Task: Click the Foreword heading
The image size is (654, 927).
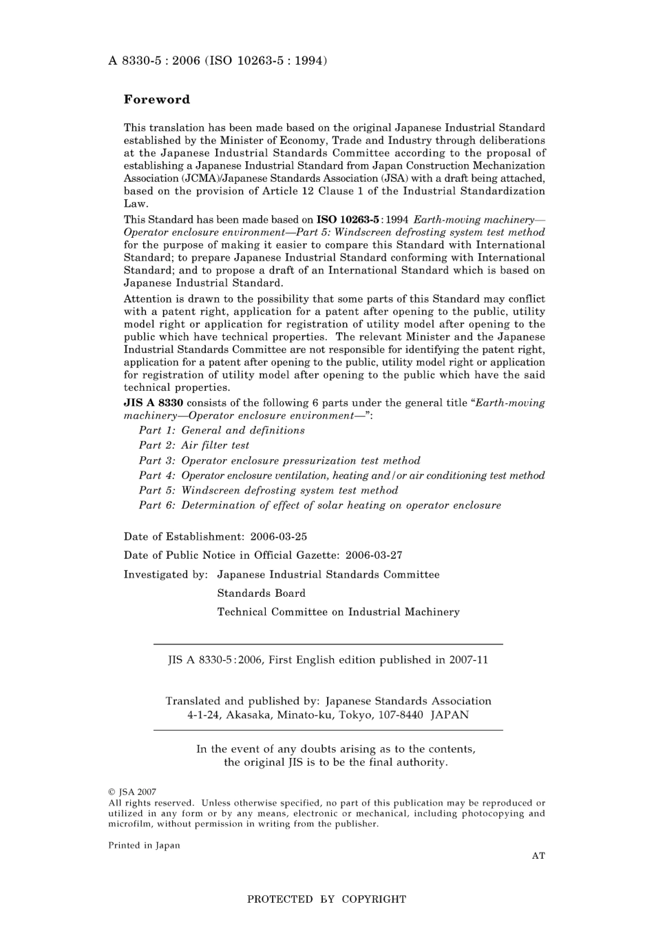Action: pos(156,99)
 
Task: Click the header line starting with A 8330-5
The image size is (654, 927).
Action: pos(217,61)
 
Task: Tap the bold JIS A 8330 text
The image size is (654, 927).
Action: pos(153,403)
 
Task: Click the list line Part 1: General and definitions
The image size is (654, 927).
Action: pos(222,430)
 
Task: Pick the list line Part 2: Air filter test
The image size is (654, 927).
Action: pos(194,445)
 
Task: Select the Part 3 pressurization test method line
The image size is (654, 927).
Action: pos(279,460)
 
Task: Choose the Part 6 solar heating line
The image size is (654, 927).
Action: pos(320,505)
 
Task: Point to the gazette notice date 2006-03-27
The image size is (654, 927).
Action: pos(374,555)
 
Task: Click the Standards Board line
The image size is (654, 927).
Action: pos(261,593)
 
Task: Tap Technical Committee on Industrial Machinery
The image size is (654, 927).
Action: pos(338,611)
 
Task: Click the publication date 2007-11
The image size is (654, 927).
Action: pos(469,660)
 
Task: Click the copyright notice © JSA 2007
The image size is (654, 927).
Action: pos(132,793)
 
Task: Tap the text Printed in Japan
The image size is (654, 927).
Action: pos(144,846)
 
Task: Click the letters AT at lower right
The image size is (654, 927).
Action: pos(538,855)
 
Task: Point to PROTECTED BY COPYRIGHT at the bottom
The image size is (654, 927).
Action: pos(326,899)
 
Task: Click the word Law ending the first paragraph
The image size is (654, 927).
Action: pos(136,203)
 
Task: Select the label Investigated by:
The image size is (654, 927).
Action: pos(165,574)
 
